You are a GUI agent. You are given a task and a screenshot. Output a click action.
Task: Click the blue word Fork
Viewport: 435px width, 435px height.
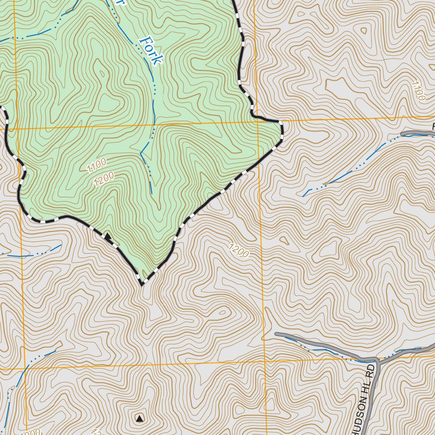(x=151, y=51)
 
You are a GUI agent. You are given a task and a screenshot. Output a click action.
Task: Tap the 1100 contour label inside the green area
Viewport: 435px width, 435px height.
(x=96, y=165)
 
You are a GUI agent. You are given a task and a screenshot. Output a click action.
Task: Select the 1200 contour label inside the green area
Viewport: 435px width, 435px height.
(x=104, y=179)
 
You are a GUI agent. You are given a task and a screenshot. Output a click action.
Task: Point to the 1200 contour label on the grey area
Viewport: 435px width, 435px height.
(x=238, y=251)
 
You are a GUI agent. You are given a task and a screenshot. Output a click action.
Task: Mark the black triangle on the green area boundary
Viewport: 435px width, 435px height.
(x=108, y=236)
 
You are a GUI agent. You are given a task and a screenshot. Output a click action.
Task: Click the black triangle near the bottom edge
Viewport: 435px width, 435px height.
(x=140, y=419)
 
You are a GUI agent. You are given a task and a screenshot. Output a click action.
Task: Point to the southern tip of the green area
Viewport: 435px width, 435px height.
(x=141, y=284)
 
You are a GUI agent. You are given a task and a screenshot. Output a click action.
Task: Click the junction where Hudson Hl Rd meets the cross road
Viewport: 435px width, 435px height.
(x=376, y=360)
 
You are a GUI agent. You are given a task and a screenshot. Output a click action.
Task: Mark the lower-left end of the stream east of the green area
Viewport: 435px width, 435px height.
(x=303, y=196)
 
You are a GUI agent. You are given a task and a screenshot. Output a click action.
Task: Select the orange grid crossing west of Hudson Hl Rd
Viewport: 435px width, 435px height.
(x=264, y=362)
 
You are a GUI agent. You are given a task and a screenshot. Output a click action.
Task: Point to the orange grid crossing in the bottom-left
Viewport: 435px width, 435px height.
(x=25, y=368)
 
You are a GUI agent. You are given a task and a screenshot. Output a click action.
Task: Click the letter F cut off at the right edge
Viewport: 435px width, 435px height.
(x=433, y=126)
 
